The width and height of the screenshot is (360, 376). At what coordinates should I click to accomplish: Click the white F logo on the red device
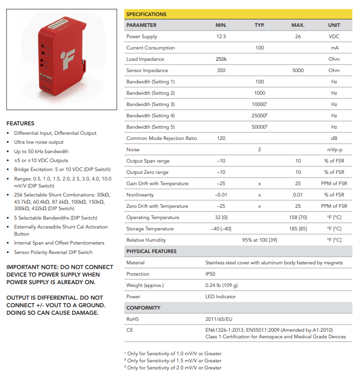click(x=68, y=58)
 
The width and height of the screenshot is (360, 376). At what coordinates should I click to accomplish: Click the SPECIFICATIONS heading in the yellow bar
click(x=146, y=14)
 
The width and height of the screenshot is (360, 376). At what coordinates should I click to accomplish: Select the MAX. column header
click(x=298, y=25)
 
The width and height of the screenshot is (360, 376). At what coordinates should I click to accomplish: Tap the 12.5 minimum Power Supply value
click(x=221, y=36)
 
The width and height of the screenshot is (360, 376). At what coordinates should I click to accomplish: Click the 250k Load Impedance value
click(x=221, y=59)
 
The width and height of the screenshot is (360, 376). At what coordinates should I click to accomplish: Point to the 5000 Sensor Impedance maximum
click(x=298, y=70)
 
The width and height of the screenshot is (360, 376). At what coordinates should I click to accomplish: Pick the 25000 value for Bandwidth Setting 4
click(x=259, y=115)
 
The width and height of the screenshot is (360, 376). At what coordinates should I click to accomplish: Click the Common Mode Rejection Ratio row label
click(x=161, y=138)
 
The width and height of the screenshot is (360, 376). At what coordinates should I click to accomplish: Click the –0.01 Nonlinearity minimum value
click(x=221, y=195)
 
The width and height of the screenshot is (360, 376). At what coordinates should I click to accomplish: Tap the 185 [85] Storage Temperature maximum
click(x=298, y=229)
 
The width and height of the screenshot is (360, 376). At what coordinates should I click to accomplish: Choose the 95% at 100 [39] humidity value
click(x=259, y=240)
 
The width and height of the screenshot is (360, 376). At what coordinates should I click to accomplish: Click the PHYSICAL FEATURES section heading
click(x=151, y=251)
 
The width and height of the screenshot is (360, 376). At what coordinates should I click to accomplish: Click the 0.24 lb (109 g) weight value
click(x=222, y=285)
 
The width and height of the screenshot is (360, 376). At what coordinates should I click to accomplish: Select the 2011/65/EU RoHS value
click(x=219, y=319)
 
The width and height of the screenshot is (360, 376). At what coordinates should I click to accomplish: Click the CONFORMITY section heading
click(x=143, y=308)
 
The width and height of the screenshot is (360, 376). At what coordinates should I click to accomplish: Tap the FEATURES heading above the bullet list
click(x=20, y=123)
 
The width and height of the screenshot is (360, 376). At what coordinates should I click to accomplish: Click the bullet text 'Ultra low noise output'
click(x=39, y=142)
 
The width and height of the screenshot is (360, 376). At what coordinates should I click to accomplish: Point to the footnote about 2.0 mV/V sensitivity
click(x=174, y=368)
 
